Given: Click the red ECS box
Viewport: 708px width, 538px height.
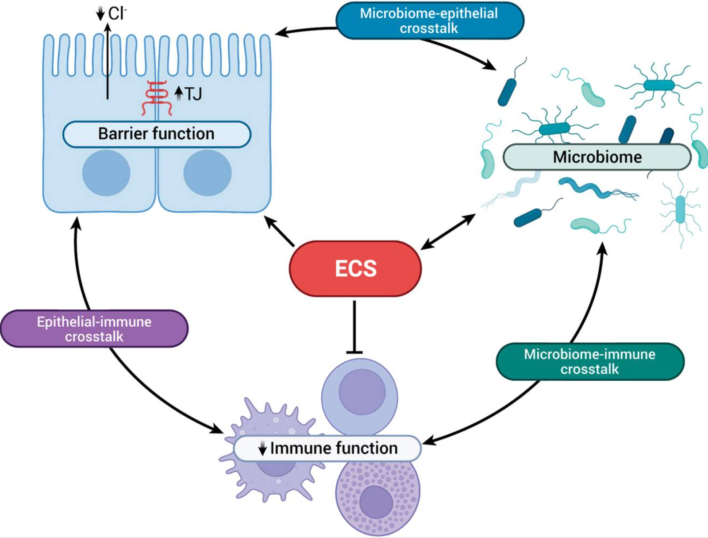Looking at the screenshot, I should pyautogui.click(x=355, y=268).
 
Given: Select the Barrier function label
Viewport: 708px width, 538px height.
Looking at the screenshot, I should pyautogui.click(x=157, y=134).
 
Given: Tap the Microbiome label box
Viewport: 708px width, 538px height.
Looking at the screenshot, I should pyautogui.click(x=597, y=157).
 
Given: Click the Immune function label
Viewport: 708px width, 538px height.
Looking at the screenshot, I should pyautogui.click(x=327, y=448).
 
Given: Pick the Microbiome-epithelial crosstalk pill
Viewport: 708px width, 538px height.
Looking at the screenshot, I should pyautogui.click(x=429, y=20).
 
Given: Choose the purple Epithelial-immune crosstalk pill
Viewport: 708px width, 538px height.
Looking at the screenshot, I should pyautogui.click(x=94, y=329).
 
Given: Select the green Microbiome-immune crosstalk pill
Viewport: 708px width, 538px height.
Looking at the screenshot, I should pyautogui.click(x=590, y=361).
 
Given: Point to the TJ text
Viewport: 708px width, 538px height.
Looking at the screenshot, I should pyautogui.click(x=193, y=94).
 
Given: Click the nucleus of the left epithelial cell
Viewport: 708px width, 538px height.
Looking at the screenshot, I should pyautogui.click(x=106, y=173).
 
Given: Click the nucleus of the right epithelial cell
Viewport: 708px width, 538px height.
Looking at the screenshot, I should pyautogui.click(x=208, y=173).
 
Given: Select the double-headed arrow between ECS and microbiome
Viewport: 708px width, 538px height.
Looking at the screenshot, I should pyautogui.click(x=448, y=232).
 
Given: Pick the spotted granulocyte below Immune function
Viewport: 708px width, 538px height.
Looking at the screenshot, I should pyautogui.click(x=377, y=496).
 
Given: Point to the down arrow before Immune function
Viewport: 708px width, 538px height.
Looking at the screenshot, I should pyautogui.click(x=262, y=449).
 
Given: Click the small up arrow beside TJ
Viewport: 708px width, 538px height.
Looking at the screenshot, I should pyautogui.click(x=178, y=93).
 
